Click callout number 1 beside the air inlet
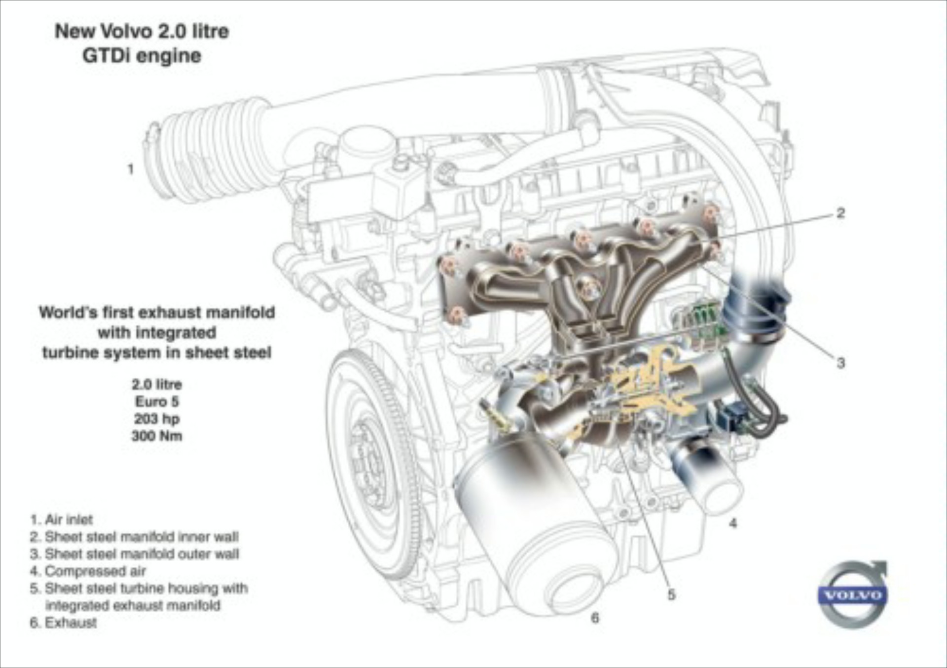tap(131, 169)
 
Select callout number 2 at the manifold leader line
tap(841, 213)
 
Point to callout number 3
tap(841, 363)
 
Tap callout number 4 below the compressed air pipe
tap(733, 523)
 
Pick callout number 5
tap(671, 595)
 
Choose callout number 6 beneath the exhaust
tap(595, 618)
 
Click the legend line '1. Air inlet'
tap(61, 520)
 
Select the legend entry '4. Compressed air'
tap(88, 571)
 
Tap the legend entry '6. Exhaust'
tap(63, 623)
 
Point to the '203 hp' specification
tap(157, 419)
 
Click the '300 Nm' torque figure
tap(157, 436)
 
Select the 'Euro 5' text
tap(157, 401)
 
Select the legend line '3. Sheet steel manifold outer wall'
tap(134, 554)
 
